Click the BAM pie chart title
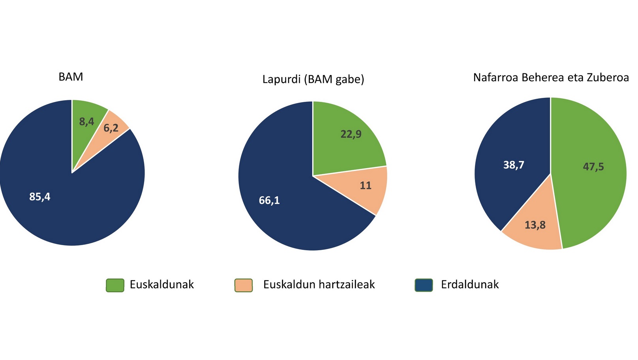(71, 77)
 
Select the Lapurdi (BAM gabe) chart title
(313, 79)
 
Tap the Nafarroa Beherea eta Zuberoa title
(551, 77)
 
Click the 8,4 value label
(86, 122)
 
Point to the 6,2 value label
(111, 128)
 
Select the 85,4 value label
(40, 197)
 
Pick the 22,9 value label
(351, 134)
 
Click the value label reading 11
(366, 186)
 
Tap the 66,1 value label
(269, 201)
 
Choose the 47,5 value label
(593, 167)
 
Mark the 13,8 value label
(535, 225)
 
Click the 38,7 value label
(514, 165)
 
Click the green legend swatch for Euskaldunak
(115, 285)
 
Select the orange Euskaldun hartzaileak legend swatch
(244, 285)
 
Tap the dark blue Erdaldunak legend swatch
(424, 285)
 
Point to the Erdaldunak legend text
(470, 285)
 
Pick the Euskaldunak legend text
(162, 285)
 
